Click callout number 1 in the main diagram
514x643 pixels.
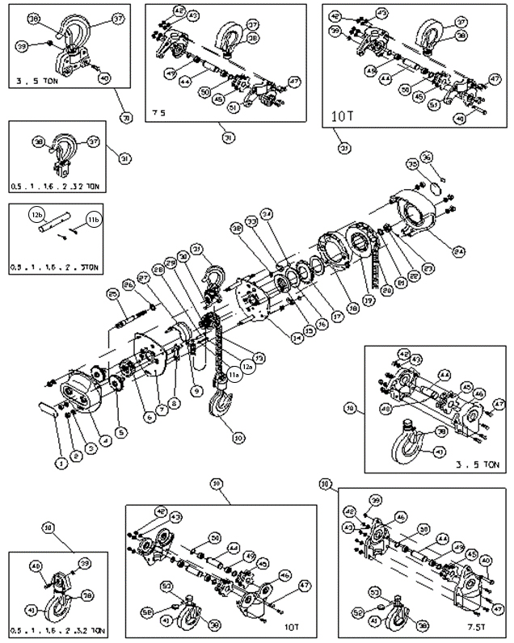click(58, 464)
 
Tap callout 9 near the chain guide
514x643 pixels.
click(196, 390)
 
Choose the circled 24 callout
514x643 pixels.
click(459, 251)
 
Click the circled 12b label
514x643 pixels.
click(36, 216)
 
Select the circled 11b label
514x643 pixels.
click(94, 219)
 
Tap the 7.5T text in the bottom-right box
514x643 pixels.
click(471, 624)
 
